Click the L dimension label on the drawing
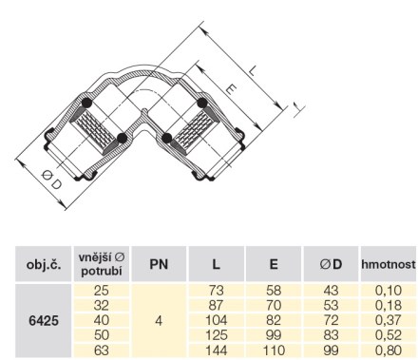253,70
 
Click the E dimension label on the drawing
231,89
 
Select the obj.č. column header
44,265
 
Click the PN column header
159,264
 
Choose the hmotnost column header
389,264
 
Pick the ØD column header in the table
331,264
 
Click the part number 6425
44,321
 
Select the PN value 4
159,321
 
